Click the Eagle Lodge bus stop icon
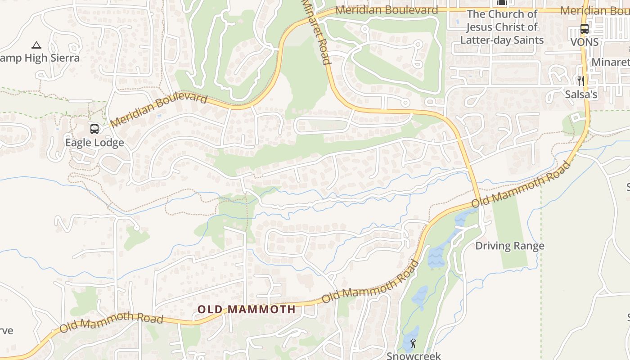(94, 129)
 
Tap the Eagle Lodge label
(94, 143)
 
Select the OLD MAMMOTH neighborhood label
(247, 310)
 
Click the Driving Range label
(510, 246)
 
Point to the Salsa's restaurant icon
(581, 81)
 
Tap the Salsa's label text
(581, 94)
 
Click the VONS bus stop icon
(585, 29)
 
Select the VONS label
(585, 42)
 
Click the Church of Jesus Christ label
(502, 27)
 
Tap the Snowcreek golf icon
(413, 344)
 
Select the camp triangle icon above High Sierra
(36, 45)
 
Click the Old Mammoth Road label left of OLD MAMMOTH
(111, 323)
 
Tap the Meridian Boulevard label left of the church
(387, 10)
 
